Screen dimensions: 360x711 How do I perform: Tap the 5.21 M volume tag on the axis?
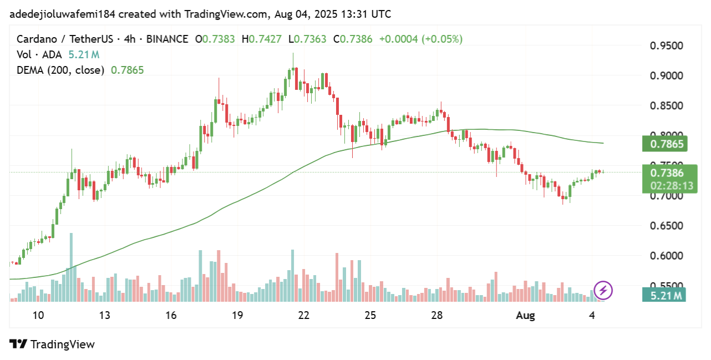[x=664, y=295]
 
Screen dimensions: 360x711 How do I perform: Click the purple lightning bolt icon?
[x=603, y=290]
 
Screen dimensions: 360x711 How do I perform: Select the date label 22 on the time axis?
[x=303, y=316]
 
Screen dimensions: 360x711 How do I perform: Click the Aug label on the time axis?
[x=525, y=316]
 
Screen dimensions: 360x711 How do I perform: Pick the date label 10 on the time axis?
[x=38, y=316]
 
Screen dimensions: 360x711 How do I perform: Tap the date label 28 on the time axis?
[x=436, y=316]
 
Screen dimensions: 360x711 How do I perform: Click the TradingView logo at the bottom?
[x=52, y=344]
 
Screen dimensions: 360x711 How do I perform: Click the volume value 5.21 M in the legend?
[x=84, y=55]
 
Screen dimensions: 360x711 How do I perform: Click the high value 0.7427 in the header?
[x=265, y=39]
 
